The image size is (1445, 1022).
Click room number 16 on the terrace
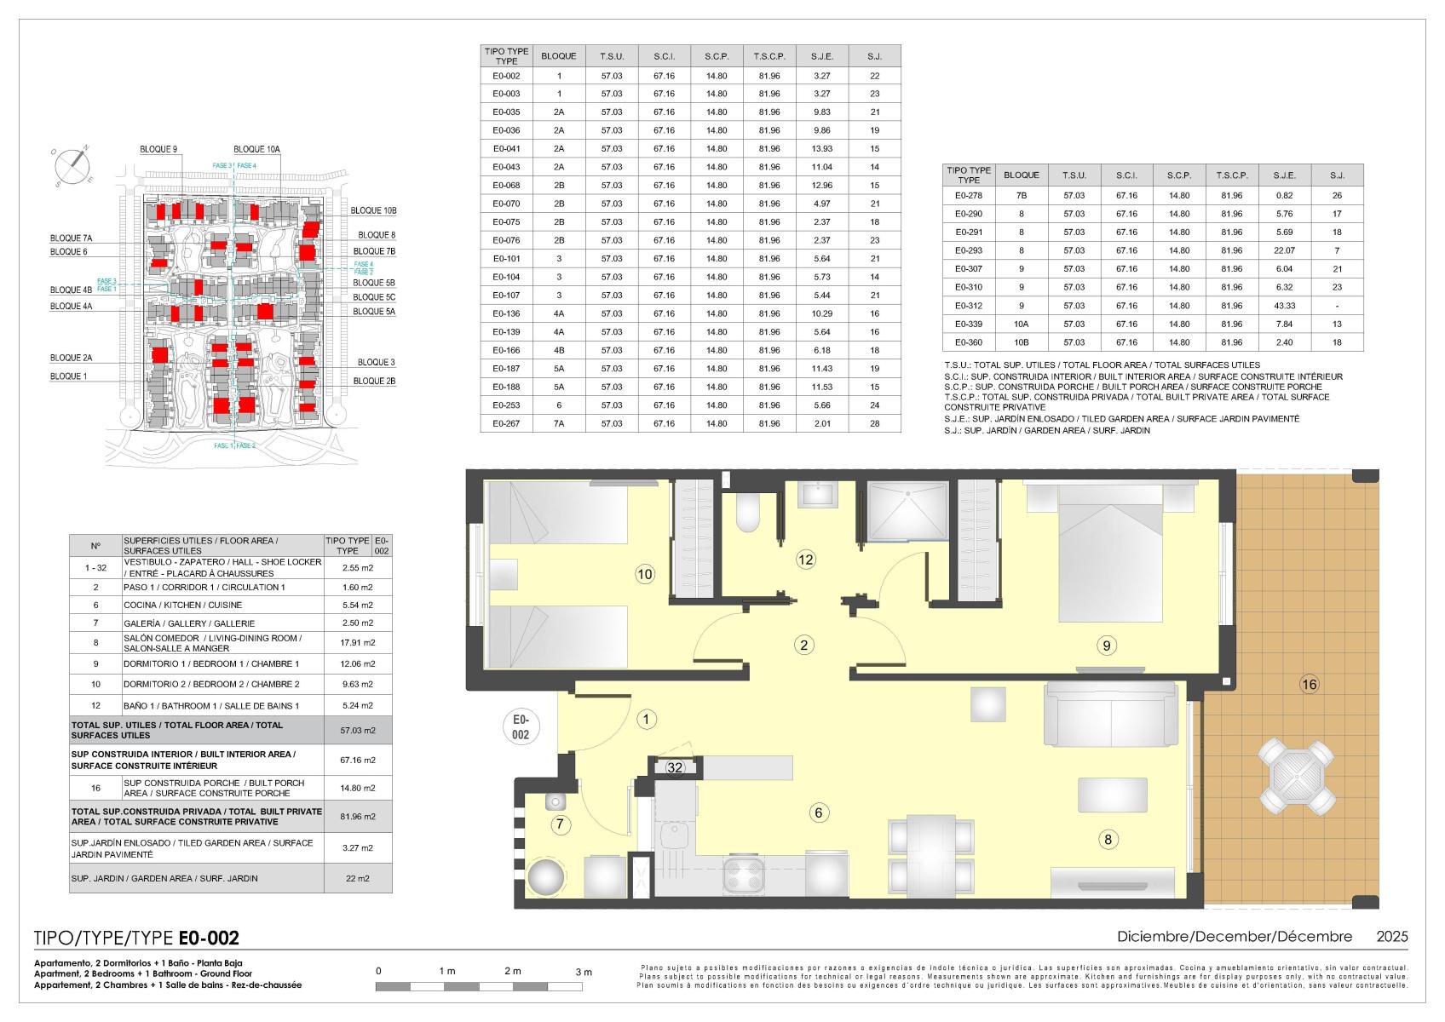click(1309, 684)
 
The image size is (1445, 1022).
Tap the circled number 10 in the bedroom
click(644, 574)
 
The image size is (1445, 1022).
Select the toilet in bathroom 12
click(748, 513)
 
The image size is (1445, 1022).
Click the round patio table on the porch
click(1298, 777)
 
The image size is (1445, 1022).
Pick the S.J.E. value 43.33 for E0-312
click(1284, 306)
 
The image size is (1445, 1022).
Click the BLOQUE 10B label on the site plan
click(373, 210)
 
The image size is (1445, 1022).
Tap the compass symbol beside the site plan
click(72, 166)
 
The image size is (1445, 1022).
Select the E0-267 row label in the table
click(506, 423)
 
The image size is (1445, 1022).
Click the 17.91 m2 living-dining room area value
click(357, 642)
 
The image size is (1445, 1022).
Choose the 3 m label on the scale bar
click(583, 972)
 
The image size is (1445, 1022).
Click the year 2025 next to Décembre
click(1392, 936)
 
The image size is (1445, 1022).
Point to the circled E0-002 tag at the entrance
click(521, 726)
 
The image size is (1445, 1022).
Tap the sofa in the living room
click(1111, 715)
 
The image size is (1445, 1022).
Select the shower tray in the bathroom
click(907, 511)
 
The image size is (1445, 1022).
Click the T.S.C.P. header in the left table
click(769, 56)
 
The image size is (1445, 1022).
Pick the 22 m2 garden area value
click(357, 878)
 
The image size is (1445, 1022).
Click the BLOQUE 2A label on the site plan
click(71, 357)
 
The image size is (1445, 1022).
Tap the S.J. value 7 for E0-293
click(1337, 250)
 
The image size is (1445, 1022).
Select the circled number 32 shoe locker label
click(675, 767)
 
